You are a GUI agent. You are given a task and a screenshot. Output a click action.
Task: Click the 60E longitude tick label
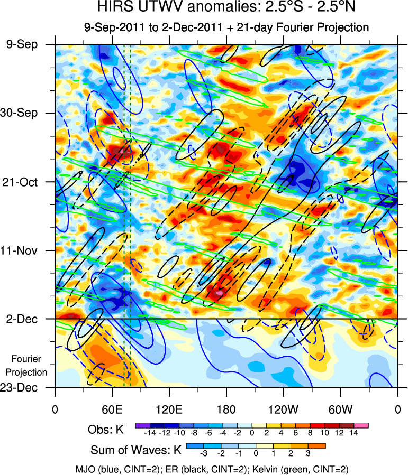(112, 409)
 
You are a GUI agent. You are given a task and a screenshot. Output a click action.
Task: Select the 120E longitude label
(169, 409)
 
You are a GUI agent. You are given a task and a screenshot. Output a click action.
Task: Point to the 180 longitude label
(226, 409)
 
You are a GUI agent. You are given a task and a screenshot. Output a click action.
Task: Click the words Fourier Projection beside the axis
(29, 366)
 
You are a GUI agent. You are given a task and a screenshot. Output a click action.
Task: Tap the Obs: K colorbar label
(105, 430)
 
